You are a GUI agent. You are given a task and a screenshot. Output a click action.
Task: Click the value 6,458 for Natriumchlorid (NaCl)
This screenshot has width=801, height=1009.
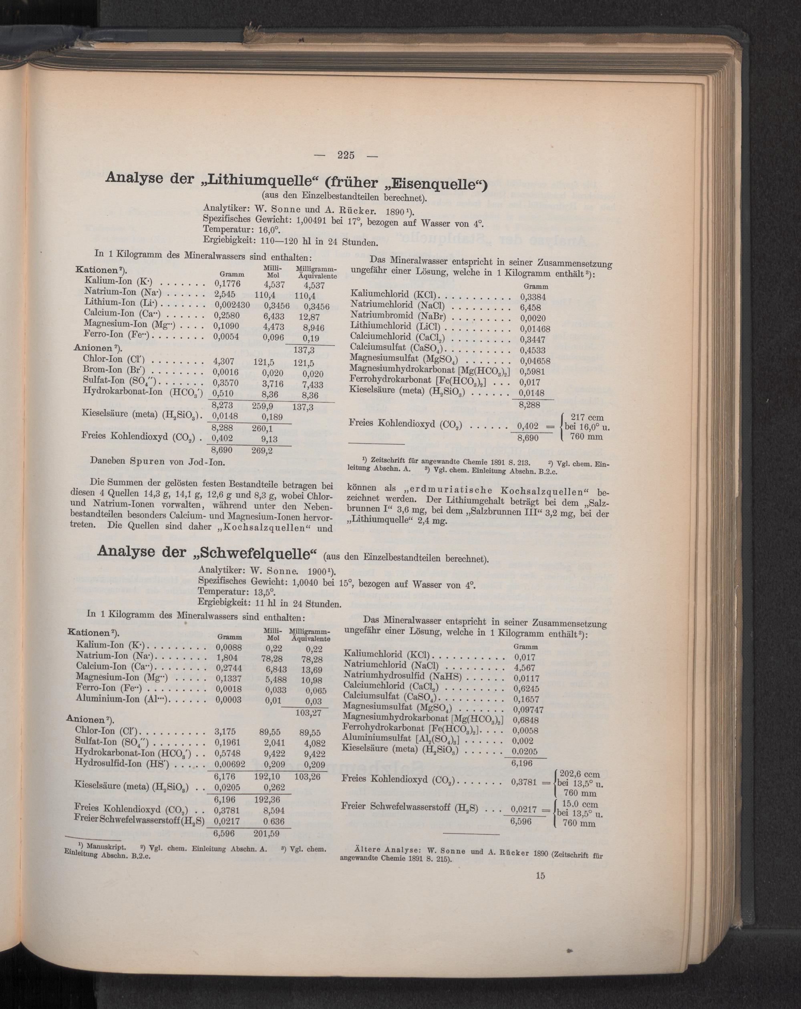point(530,308)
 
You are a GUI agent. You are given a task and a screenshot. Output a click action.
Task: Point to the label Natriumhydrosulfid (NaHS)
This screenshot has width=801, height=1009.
point(403,677)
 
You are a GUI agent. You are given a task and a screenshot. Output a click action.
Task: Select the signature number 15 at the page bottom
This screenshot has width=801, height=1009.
point(540,876)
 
